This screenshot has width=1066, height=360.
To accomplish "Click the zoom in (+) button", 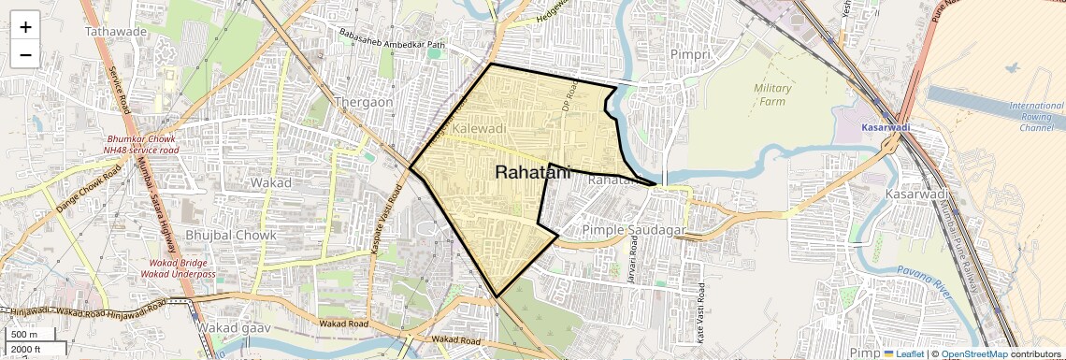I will coord(25,26).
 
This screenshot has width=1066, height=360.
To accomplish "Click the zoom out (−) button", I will coord(25,54).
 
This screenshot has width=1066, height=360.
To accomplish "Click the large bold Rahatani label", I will coord(531,172).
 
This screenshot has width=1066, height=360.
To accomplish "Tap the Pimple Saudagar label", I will coord(635,229).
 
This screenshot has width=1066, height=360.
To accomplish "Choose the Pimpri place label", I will coord(691,54).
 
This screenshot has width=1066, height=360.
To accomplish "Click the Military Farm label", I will coord(772,94).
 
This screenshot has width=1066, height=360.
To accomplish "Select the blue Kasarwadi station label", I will coord(886,126).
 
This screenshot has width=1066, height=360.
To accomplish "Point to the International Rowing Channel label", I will coord(1037,116).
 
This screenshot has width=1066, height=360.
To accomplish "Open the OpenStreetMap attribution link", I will coord(973,354).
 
